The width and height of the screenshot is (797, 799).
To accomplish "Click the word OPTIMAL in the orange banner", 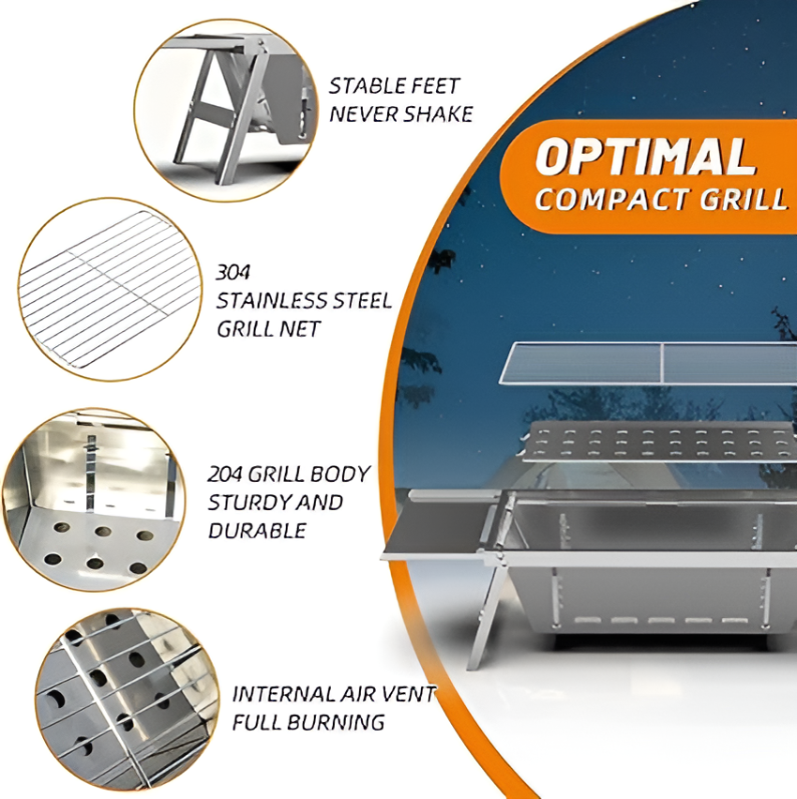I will pos(644,158).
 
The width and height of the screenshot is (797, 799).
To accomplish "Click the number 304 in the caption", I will pos(233,273).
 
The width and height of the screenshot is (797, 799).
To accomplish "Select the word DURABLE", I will pos(256,531).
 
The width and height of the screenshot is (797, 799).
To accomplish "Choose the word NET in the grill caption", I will pos(302,329).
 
